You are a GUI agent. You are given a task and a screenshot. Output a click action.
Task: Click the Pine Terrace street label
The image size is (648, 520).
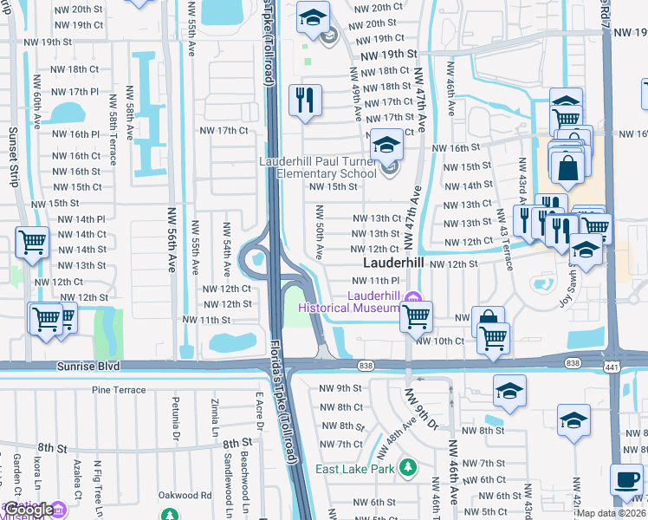[119, 390]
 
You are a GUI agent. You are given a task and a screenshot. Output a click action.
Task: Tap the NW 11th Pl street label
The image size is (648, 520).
[375, 281]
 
